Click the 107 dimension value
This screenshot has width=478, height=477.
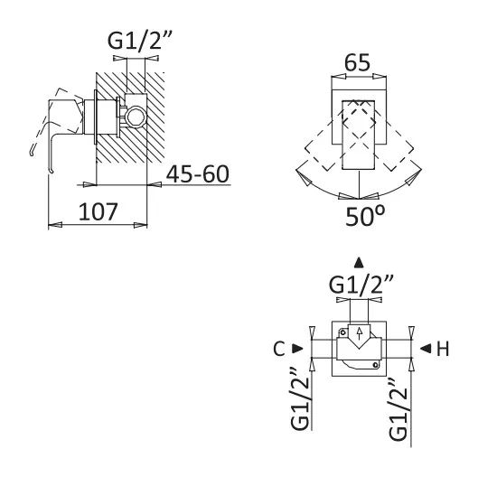(98, 211)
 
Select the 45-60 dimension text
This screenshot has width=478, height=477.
(197, 174)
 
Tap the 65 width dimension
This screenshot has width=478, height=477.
(357, 63)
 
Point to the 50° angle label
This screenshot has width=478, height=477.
(365, 216)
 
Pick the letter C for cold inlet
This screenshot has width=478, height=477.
(279, 349)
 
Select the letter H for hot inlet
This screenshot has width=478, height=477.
(443, 349)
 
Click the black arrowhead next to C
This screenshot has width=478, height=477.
(297, 349)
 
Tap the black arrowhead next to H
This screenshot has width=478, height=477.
(426, 349)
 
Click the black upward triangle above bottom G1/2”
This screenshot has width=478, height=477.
(359, 263)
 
